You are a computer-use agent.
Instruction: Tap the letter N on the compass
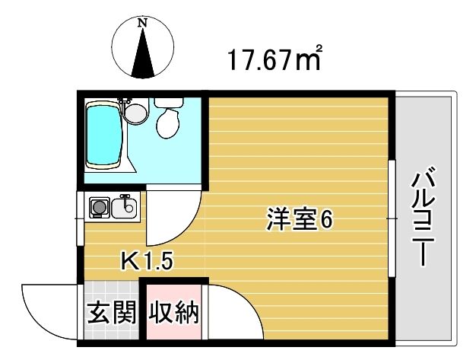142,23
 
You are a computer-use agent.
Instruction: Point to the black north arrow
142,54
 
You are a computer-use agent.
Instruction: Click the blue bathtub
104,135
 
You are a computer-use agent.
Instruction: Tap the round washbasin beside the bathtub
135,113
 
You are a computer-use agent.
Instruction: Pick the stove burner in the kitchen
98,206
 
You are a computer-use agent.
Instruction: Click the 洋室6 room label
299,220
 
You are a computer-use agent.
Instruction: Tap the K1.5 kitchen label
148,263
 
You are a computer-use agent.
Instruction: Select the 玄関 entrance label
111,313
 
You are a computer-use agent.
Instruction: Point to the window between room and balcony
393,218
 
